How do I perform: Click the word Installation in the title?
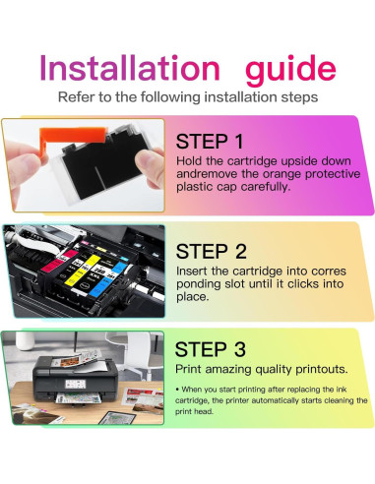pos(130,68)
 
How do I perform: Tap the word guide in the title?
pos(290,71)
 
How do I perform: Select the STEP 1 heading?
pos(210,142)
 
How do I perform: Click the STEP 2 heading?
pos(212,252)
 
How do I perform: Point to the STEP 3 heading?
pos(211,349)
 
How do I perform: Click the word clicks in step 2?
pos(303,284)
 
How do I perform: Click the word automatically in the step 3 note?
pos(275,400)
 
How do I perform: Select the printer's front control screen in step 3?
pos(75,384)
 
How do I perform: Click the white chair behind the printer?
pos(147,352)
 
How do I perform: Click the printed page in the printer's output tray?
pos(77,398)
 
